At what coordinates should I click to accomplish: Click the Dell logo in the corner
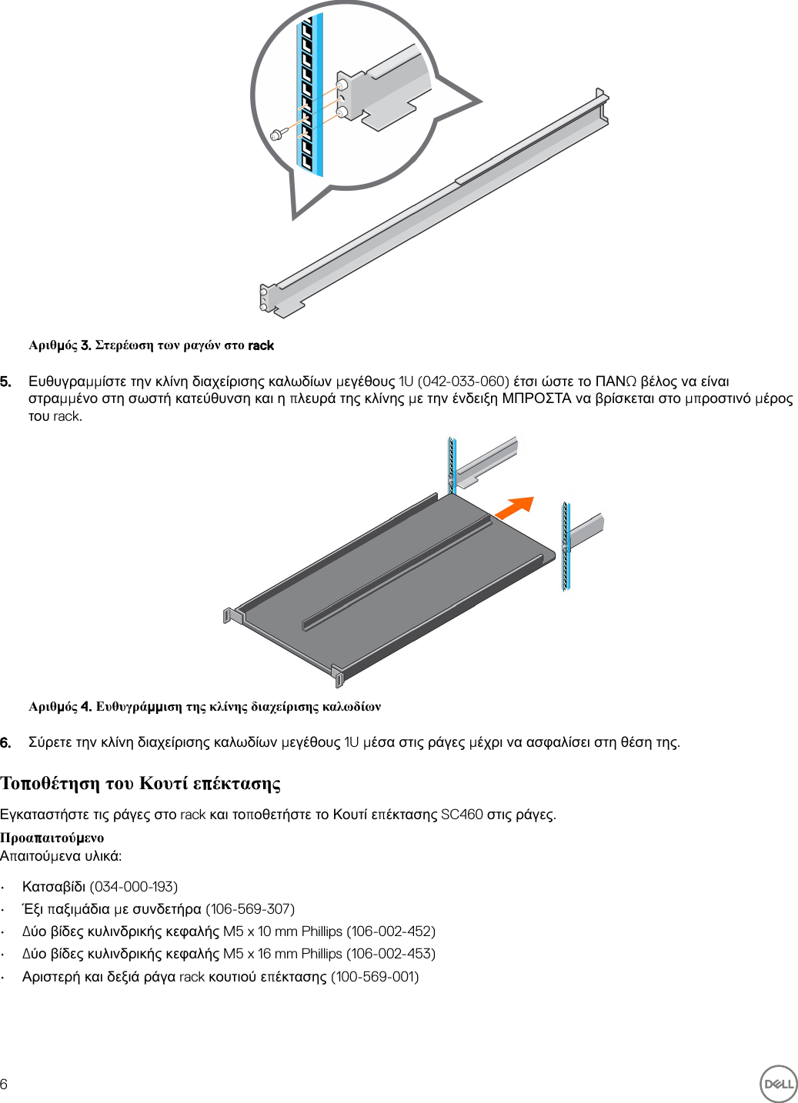778,1084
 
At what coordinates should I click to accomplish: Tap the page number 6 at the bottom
5,1084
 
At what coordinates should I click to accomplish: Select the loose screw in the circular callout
277,135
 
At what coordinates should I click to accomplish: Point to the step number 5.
5,382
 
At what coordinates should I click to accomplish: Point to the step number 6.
5,742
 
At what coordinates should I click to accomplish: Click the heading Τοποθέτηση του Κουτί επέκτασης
140,783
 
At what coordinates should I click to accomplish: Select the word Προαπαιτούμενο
52,838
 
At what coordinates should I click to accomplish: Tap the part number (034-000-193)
134,887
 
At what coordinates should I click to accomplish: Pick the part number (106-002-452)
391,931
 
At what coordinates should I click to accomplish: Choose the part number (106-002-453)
391,954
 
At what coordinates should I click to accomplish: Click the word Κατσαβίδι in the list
54,887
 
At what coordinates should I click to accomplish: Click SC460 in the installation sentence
462,815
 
